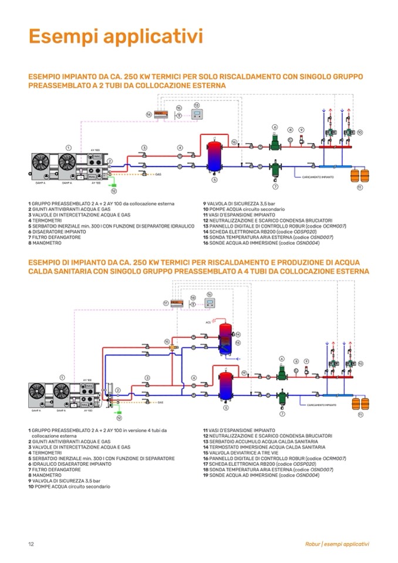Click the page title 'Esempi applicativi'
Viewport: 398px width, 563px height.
point(116,36)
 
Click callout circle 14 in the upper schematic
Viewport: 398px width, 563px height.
point(149,114)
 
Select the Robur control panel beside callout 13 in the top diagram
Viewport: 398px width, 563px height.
point(197,114)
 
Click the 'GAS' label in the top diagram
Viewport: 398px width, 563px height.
point(158,174)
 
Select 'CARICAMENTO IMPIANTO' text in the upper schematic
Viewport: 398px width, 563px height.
point(319,176)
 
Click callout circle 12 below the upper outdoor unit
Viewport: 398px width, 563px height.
point(114,190)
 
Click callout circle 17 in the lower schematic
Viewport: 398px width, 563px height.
point(166,303)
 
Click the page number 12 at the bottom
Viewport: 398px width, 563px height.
point(31,544)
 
